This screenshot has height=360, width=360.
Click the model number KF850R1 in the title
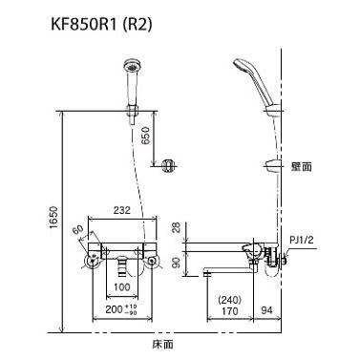pyautogui.click(x=84, y=26)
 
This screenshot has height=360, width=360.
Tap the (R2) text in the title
pyautogui.click(x=138, y=26)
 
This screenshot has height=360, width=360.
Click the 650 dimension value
pyautogui.click(x=145, y=136)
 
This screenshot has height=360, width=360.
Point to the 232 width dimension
pyautogui.click(x=122, y=210)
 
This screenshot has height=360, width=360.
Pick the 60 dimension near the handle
pyautogui.click(x=78, y=229)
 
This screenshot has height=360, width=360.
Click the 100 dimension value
pyautogui.click(x=122, y=287)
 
